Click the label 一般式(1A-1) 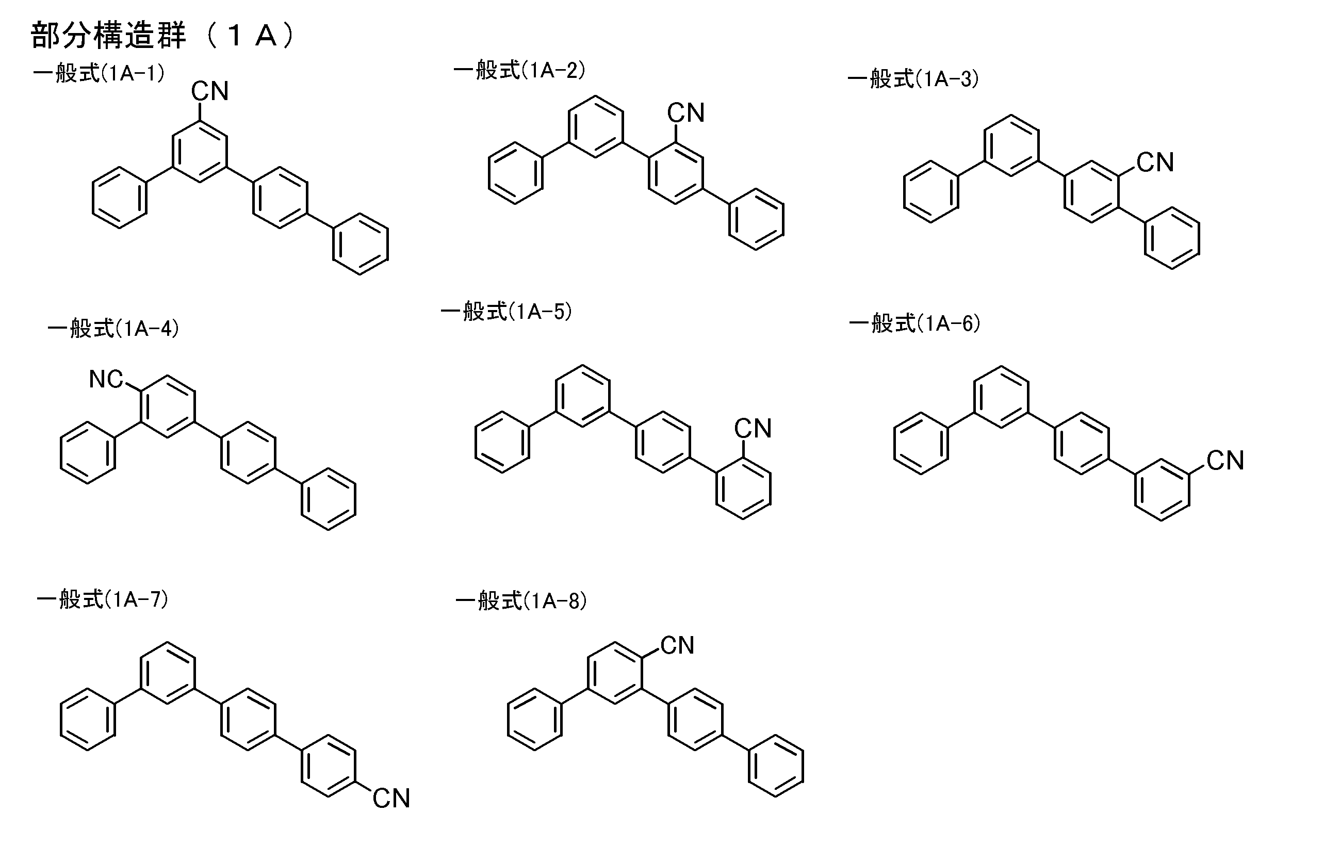[x=99, y=73]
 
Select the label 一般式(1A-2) [x=520, y=71]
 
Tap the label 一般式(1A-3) [x=913, y=79]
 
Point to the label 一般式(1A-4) [x=113, y=329]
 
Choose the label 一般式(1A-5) [x=506, y=311]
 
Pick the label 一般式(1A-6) [x=915, y=323]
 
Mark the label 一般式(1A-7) [x=103, y=599]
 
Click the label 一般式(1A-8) [x=521, y=601]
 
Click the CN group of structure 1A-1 [x=210, y=91]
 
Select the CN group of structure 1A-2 [x=685, y=113]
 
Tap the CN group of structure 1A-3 [x=1155, y=163]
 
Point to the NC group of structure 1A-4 [x=106, y=379]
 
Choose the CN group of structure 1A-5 [x=753, y=429]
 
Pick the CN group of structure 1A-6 [x=1225, y=460]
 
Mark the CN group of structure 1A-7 [x=391, y=798]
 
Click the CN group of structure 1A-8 [x=677, y=645]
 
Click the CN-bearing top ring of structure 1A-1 [x=200, y=151]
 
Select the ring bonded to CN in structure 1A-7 [x=329, y=766]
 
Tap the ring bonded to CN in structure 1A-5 [x=743, y=489]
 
